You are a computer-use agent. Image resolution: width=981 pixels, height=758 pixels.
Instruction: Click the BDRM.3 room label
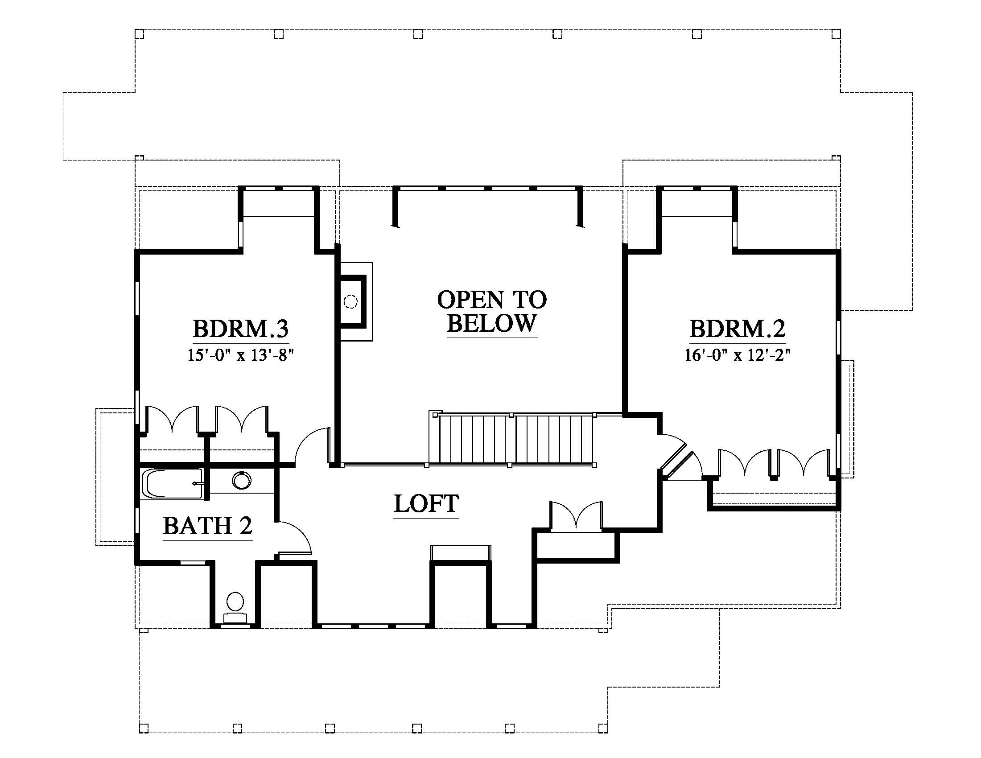(241, 329)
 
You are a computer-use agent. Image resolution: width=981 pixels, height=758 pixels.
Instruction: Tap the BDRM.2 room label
(738, 329)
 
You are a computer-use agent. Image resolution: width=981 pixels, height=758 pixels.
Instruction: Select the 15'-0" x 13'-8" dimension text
(241, 355)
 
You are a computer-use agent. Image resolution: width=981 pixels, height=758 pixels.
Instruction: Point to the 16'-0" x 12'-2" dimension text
(738, 355)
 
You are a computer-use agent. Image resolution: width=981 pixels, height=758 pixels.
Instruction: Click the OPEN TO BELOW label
(492, 311)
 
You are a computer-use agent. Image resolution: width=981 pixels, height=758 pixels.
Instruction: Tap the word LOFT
(426, 503)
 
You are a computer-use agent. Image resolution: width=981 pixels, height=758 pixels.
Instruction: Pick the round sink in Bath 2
(242, 481)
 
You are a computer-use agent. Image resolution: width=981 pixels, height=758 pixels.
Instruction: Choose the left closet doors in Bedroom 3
(172, 419)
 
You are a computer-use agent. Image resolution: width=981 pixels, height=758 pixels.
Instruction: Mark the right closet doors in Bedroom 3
(242, 419)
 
